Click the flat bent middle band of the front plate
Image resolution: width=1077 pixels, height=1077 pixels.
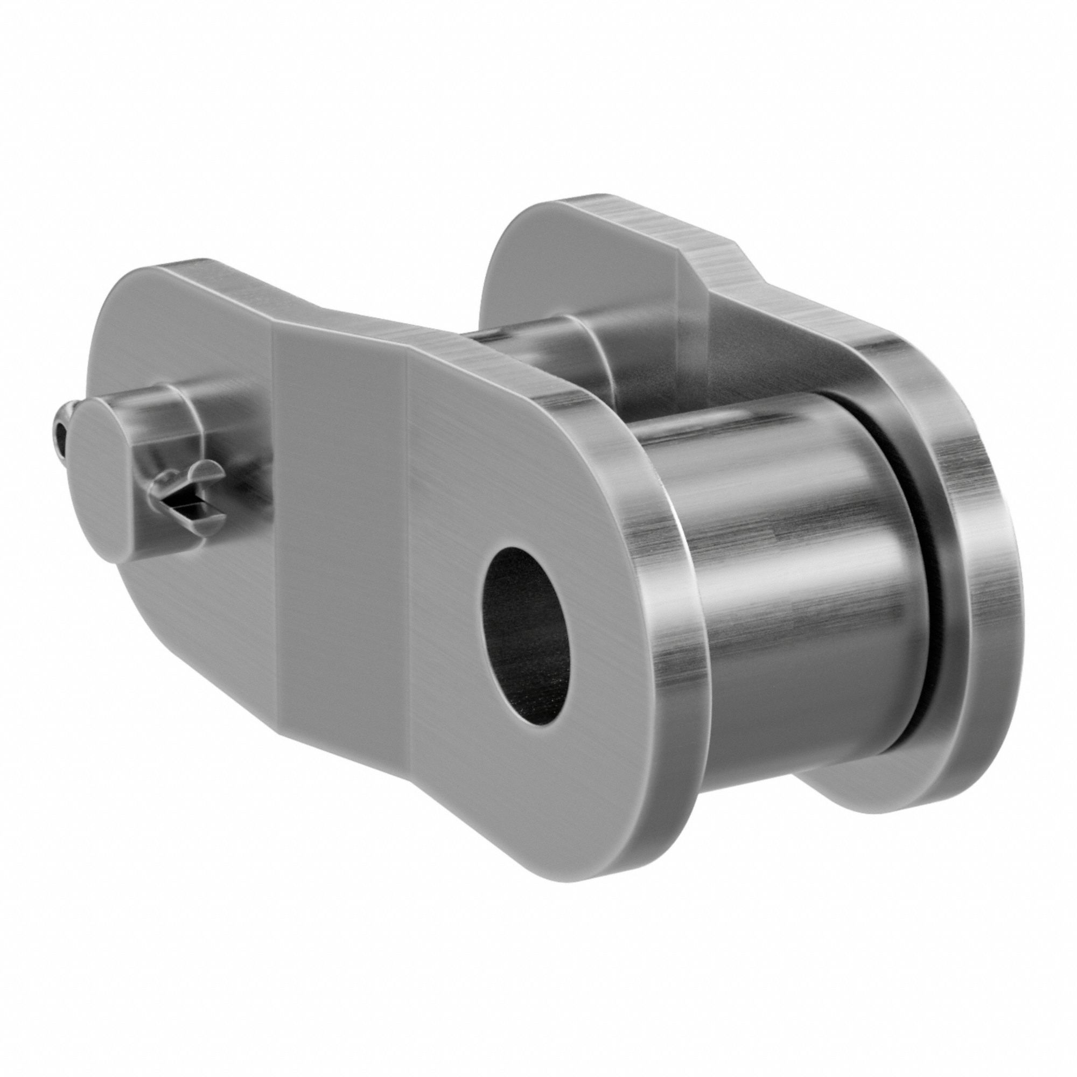(x=340, y=502)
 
